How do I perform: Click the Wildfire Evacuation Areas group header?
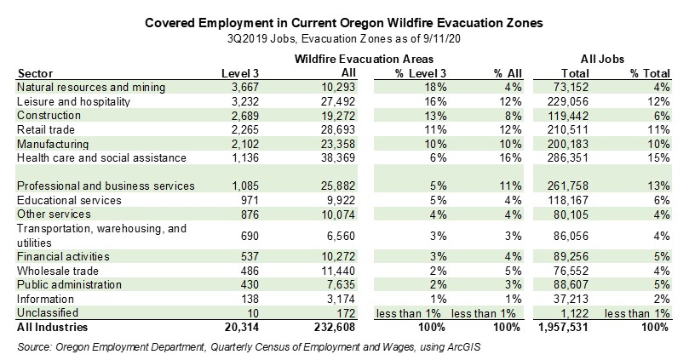pos(364,59)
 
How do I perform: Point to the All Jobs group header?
pos(603,59)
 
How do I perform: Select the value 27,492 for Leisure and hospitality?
pos(307,101)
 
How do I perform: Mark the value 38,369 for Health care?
pos(307,157)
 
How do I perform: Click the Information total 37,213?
pos(568,298)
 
